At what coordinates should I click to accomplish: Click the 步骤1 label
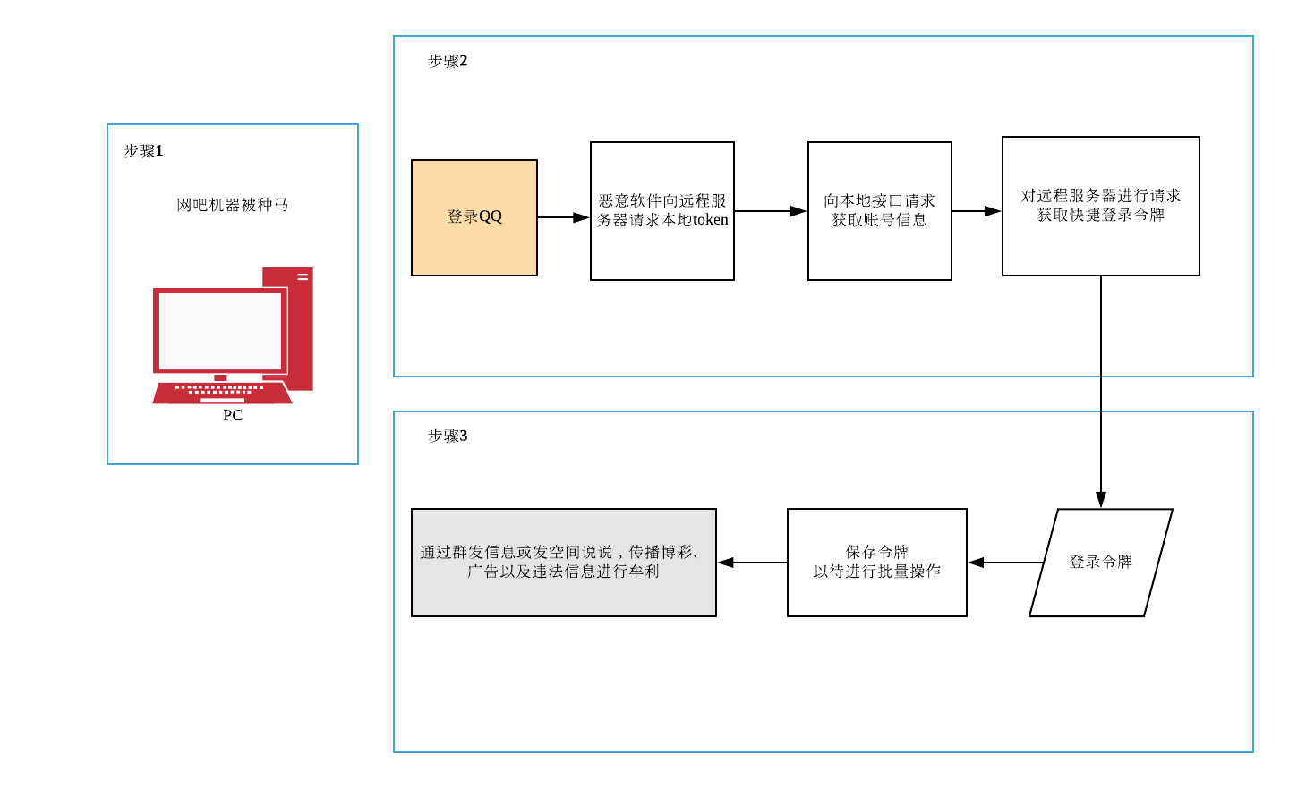[143, 151]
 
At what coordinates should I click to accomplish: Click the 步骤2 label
[448, 61]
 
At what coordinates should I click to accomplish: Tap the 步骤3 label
[448, 436]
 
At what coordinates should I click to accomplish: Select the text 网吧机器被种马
[233, 205]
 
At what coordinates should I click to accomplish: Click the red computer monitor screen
[220, 331]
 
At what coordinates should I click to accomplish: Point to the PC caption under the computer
[233, 415]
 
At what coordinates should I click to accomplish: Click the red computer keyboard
[222, 392]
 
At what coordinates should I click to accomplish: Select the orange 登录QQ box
[474, 217]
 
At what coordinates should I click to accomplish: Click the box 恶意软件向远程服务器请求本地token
[662, 211]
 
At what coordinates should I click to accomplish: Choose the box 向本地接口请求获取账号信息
[879, 211]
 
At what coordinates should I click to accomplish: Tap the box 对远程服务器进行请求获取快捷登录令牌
[1100, 207]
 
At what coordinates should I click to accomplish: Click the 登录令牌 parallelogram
[1101, 563]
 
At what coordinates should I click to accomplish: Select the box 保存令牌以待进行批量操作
[877, 563]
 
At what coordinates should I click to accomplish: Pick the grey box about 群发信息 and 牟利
[564, 563]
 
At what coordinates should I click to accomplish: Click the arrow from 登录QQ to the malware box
[564, 217]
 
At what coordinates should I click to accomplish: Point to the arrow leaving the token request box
[771, 211]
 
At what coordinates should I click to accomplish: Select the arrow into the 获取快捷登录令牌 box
[977, 211]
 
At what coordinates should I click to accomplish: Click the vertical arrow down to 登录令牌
[1101, 394]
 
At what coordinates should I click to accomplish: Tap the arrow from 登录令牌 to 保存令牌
[1006, 563]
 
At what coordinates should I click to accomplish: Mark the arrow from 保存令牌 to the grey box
[752, 563]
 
